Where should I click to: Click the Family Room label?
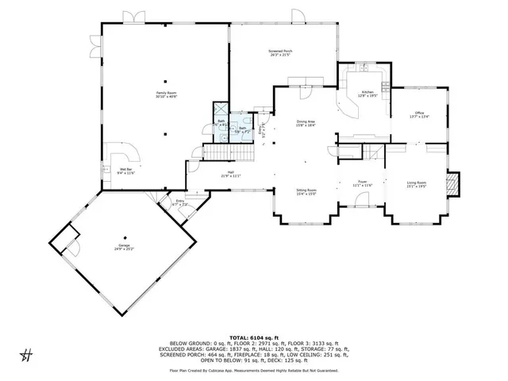click(x=166, y=95)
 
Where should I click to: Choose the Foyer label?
click(x=362, y=183)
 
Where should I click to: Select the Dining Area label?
click(x=306, y=123)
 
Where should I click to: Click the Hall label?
click(x=230, y=175)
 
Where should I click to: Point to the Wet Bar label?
click(x=126, y=171)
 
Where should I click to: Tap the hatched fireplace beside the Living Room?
click(x=452, y=184)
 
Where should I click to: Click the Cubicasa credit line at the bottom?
click(x=254, y=370)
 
